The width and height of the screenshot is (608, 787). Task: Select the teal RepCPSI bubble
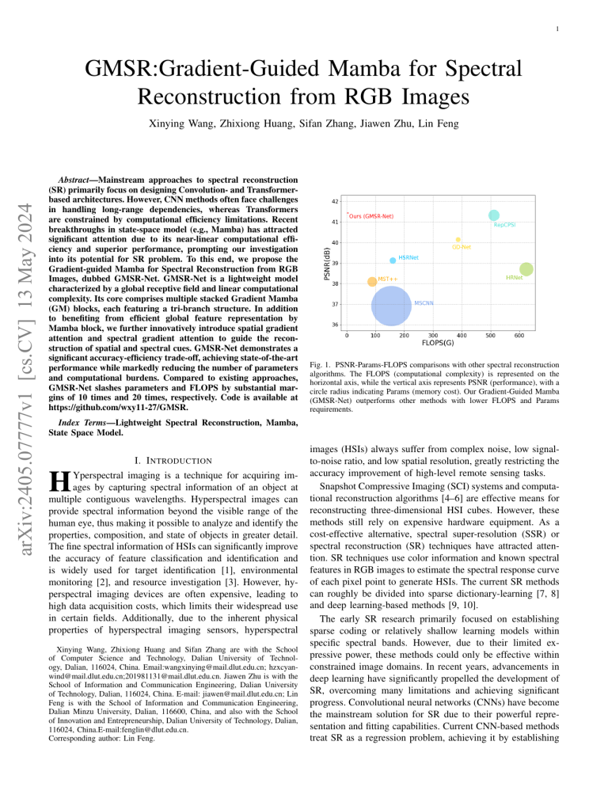tap(494, 215)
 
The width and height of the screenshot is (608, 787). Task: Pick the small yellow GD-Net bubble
tap(458, 239)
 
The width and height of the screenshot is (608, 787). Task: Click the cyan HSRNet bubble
tap(393, 260)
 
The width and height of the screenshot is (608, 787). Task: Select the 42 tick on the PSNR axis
tap(336, 202)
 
